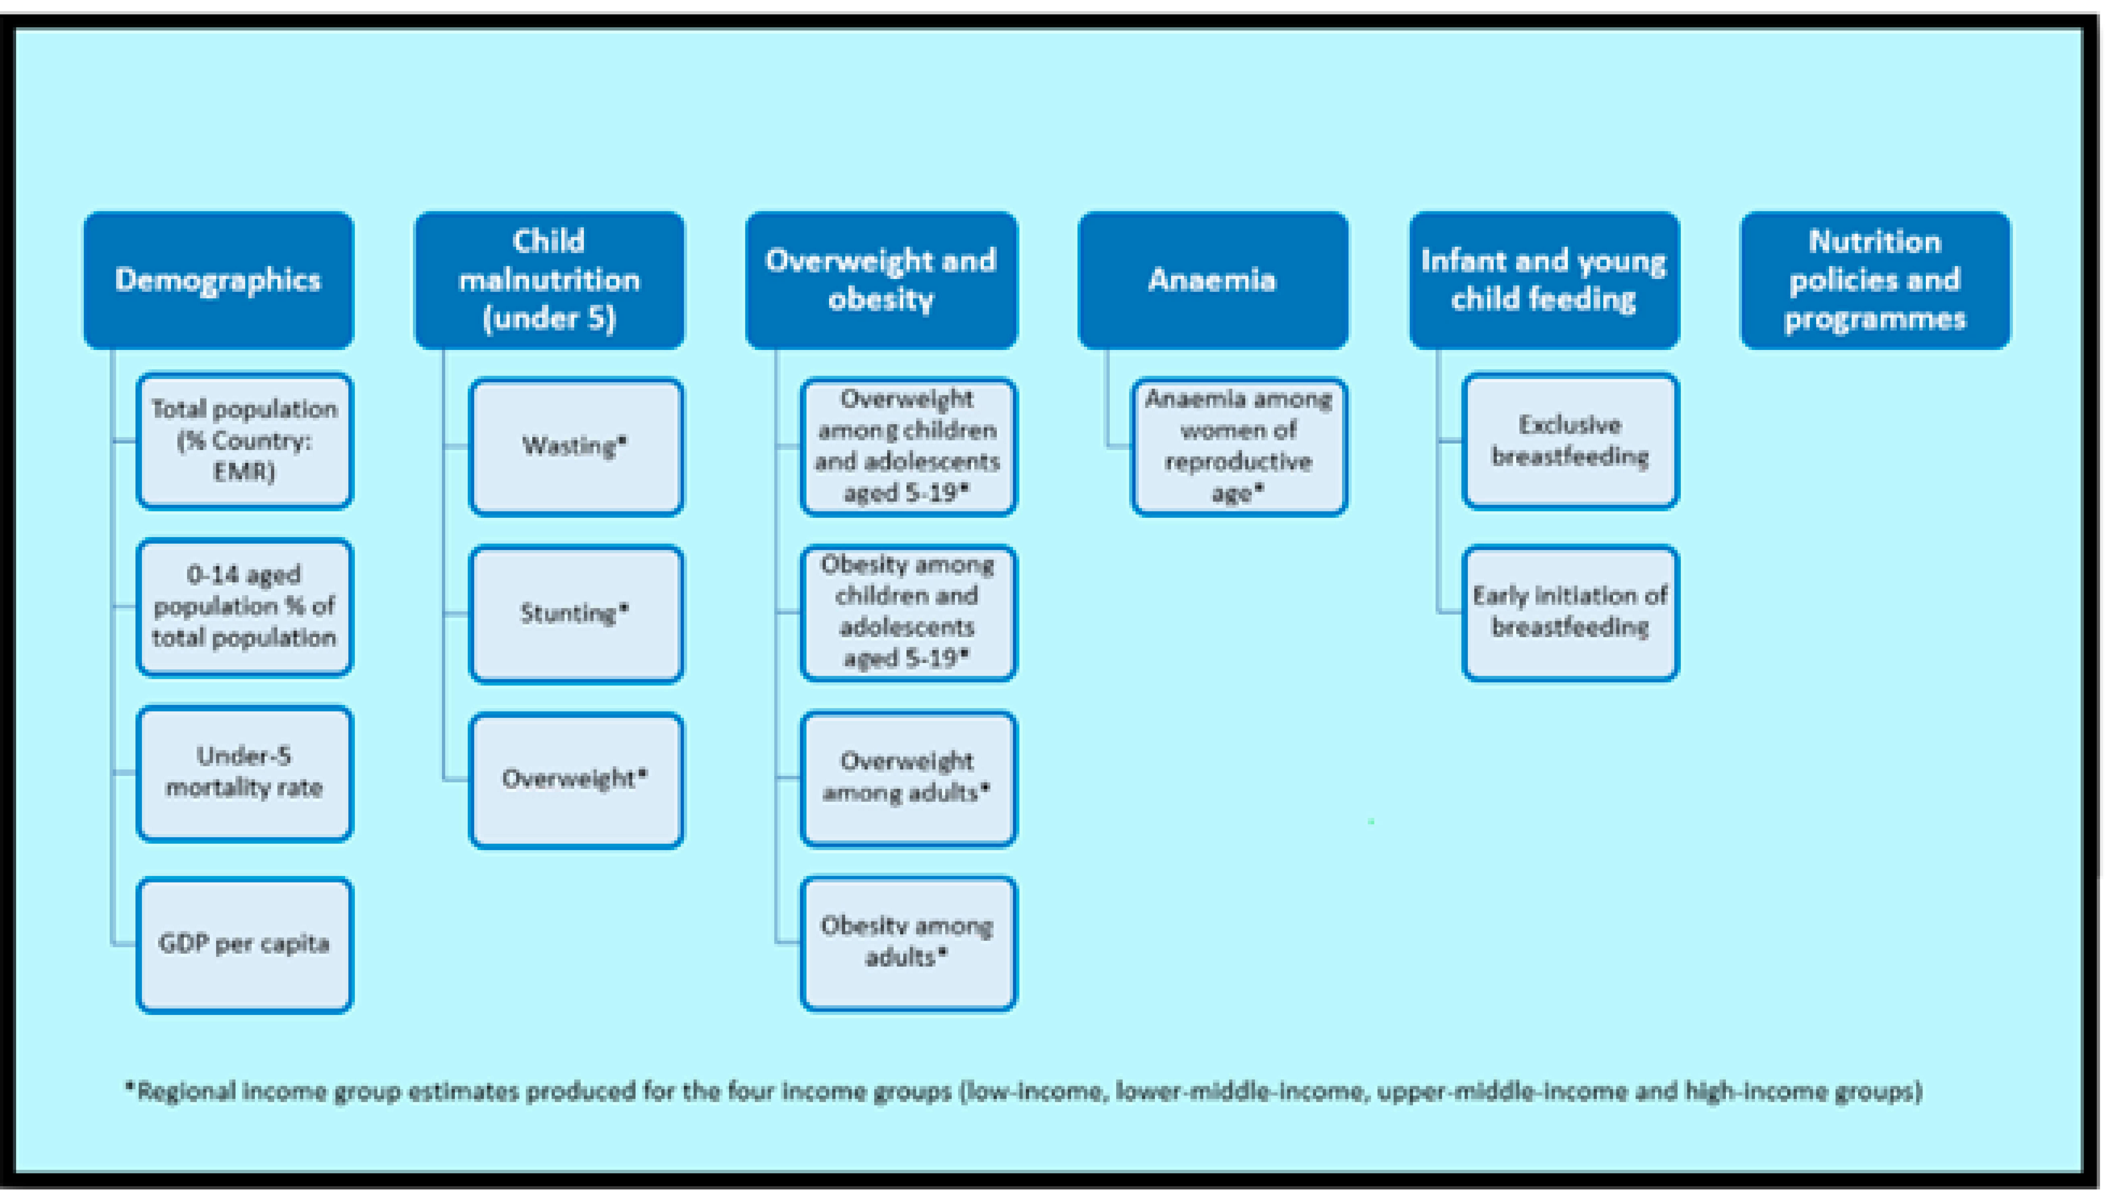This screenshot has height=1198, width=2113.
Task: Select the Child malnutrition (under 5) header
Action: (549, 280)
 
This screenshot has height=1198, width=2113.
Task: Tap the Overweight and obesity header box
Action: (881, 280)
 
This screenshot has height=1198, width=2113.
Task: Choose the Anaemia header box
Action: (1212, 280)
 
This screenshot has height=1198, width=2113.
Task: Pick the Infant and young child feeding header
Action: (1544, 280)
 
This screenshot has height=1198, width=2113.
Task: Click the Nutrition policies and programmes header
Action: (1875, 280)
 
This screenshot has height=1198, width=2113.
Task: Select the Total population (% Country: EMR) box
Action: (244, 441)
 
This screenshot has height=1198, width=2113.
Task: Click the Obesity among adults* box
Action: (908, 943)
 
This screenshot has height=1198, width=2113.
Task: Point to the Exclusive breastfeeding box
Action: (1570, 441)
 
